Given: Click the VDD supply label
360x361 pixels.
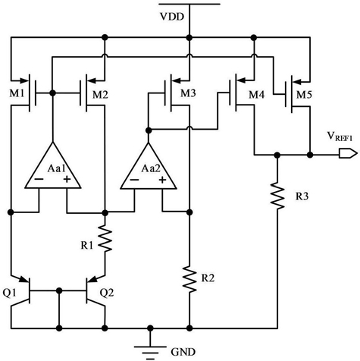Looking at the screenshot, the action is (172, 17).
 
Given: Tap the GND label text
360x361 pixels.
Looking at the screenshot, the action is (183, 352).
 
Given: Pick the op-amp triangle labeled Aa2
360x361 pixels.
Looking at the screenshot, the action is (149, 166).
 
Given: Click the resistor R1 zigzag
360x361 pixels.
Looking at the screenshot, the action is (105, 239).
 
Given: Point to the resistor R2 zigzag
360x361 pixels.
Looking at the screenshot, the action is (189, 279).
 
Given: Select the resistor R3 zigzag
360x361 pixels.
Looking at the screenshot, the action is (277, 196).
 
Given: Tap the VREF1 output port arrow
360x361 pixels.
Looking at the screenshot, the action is (348, 153).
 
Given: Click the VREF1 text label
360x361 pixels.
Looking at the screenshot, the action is (340, 137).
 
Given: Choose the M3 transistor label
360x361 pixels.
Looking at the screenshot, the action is (188, 93).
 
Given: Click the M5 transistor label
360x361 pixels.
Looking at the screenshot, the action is (304, 95).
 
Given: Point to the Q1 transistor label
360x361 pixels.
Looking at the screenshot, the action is (9, 293).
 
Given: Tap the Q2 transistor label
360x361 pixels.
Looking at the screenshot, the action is (107, 293).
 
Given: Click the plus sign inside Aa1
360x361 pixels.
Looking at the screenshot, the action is (67, 180).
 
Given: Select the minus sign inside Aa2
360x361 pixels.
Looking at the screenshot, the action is (134, 180).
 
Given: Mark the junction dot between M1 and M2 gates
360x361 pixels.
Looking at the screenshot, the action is (52, 93).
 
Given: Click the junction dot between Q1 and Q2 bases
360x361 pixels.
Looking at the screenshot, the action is (59, 290).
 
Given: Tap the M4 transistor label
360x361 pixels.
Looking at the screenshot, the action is (257, 95).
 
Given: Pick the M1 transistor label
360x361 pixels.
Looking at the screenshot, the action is (17, 94).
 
